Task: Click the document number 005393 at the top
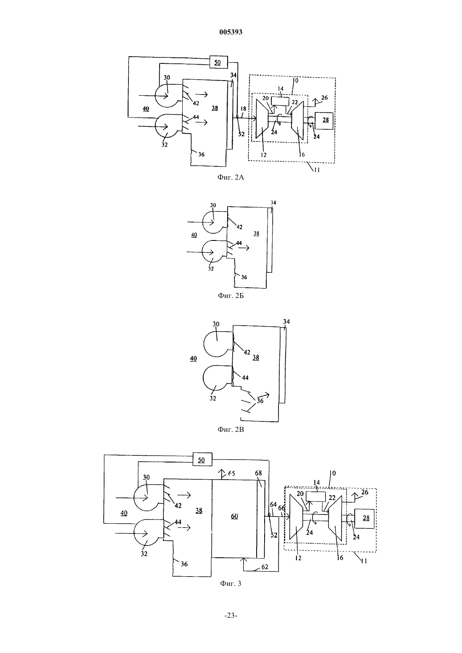point(231,32)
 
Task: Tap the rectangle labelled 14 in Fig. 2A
point(280,101)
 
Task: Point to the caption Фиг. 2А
point(231,177)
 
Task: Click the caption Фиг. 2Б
point(231,295)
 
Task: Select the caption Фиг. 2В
point(231,429)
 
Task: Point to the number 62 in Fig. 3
point(265,567)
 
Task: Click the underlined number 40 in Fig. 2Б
point(194,235)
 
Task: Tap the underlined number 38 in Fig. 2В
point(256,358)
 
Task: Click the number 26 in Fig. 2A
point(324,98)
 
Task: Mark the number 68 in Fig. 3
point(258,473)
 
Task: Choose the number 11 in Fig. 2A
point(316,170)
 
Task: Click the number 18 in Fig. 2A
point(243,109)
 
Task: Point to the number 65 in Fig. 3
point(231,473)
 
